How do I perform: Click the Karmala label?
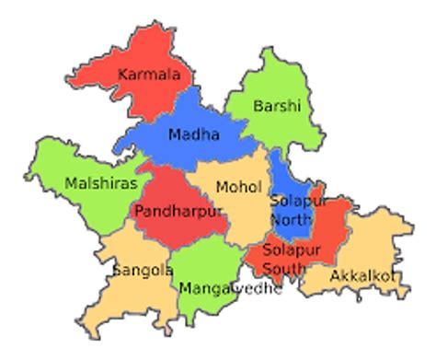149,74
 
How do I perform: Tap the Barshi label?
277,106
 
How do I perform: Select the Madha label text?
193,135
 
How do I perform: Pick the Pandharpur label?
178,211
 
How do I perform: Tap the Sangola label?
143,271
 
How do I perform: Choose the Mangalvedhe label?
229,289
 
